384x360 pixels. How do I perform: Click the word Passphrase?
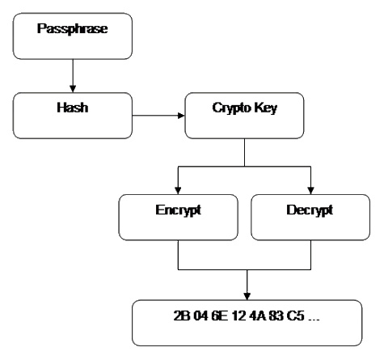(x=73, y=29)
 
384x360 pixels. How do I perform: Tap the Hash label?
(x=73, y=108)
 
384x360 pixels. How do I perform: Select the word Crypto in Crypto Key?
(x=232, y=108)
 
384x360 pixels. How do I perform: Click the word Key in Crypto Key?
(x=266, y=108)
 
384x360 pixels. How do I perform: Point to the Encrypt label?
(x=179, y=210)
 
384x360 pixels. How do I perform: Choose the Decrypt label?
(x=310, y=210)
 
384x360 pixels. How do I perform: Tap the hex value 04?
(x=201, y=316)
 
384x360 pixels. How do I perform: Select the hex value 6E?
(x=220, y=316)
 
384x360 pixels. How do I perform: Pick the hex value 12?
(x=238, y=316)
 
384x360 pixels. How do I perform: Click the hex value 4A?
(x=258, y=316)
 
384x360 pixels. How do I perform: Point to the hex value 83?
(x=276, y=316)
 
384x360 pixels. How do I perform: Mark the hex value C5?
(x=296, y=316)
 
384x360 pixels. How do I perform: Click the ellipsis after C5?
(x=314, y=320)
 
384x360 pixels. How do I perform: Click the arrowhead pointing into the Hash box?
(x=73, y=89)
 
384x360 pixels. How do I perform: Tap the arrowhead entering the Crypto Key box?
(x=181, y=116)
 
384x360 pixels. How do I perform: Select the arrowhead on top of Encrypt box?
(x=178, y=190)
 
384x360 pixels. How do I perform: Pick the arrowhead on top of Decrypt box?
(x=310, y=190)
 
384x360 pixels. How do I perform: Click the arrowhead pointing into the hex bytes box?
(x=247, y=296)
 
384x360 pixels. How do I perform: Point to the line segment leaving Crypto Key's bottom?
(x=244, y=152)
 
